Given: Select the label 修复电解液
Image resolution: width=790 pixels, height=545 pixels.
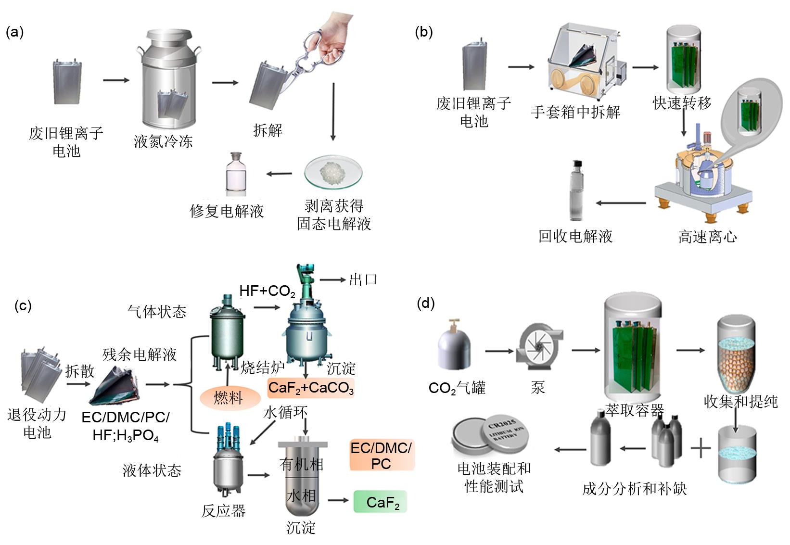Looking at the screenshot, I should tap(227, 211).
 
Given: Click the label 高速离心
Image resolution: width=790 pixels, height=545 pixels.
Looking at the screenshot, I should tap(707, 237).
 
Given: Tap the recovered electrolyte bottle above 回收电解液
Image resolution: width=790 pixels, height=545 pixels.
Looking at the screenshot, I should tap(576, 190).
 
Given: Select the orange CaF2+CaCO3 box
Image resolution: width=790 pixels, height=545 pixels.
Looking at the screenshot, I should tap(311, 388).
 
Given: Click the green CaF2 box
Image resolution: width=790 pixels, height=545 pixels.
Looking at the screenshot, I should tap(381, 502).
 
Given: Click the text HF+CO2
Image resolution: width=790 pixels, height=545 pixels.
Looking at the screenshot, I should tap(267, 291).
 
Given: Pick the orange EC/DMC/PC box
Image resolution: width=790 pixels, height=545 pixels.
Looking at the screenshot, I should tap(381, 456).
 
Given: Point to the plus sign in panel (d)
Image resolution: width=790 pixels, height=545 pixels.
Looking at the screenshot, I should tap(701, 448).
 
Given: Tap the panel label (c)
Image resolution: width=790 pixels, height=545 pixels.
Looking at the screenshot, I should tap(23, 306).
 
